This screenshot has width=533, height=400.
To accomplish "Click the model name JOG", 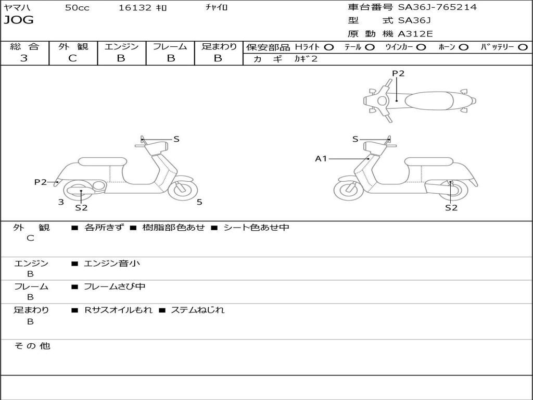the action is (19, 21).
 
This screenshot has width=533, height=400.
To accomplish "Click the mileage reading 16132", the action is (135, 8).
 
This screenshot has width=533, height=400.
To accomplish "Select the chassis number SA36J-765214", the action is (437, 7).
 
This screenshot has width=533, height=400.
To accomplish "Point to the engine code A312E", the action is (415, 34).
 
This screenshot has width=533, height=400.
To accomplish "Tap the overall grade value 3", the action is (24, 58).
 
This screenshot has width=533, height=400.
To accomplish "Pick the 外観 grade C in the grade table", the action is (72, 58).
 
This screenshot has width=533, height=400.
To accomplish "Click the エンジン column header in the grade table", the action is (121, 46).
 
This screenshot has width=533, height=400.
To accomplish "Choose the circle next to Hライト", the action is (328, 47).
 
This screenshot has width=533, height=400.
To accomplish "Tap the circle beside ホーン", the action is (463, 47).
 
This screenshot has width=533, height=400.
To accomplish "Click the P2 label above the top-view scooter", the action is (398, 73).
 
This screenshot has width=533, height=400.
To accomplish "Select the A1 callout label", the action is (321, 158).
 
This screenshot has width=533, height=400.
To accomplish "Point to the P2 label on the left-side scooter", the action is (41, 182).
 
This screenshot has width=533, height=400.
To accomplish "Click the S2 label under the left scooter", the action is (81, 207).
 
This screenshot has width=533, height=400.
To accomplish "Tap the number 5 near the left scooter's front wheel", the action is (199, 202).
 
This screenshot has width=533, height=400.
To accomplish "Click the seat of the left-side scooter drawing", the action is (102, 161).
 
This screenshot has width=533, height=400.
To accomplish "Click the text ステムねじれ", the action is (198, 310).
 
